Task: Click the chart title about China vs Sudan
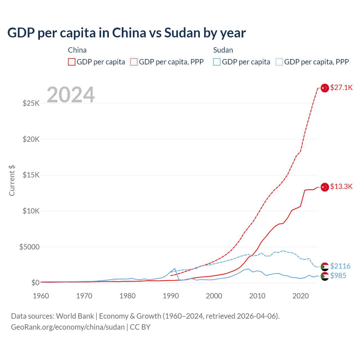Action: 127,33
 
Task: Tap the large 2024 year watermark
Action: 71,95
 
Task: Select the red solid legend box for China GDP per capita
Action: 72,62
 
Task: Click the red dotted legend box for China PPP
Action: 134,62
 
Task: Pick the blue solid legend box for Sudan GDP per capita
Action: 217,62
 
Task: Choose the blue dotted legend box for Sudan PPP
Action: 279,62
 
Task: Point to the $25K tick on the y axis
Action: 31,103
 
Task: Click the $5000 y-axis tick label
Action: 29,247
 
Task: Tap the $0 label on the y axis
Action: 35,283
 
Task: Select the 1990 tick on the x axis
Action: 171,296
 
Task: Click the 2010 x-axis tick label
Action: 257,296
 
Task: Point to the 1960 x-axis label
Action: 41,296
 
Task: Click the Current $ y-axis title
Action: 12,181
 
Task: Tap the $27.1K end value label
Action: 341,87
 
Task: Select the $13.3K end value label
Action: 341,186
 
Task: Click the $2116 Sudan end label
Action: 340,266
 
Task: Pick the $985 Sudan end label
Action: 338,276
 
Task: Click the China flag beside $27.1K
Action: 325,88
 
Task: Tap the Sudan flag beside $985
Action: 325,276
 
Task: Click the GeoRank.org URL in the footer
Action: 68,327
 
